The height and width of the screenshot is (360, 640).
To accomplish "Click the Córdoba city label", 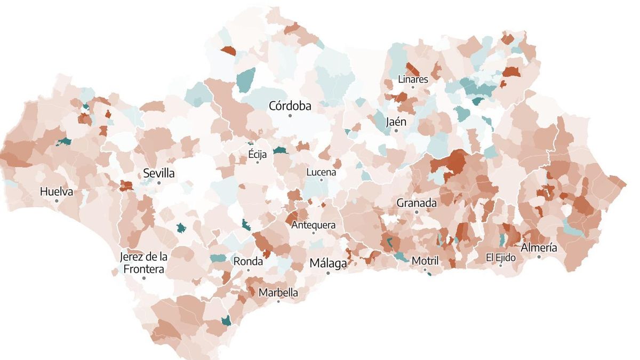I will tap(290, 106).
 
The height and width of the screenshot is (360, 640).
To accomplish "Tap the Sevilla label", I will tap(159, 173).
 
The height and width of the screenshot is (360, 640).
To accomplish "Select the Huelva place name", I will tap(57, 191).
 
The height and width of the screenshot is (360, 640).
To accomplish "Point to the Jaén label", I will tap(396, 122).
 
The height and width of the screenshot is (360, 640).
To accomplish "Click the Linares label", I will tap(413, 79).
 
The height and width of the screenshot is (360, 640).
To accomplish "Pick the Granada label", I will tap(417, 203).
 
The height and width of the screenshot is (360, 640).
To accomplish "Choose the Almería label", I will tap(539, 247).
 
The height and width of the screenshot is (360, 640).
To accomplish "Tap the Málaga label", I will tap(328, 263).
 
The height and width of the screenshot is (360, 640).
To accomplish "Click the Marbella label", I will tap(278, 293).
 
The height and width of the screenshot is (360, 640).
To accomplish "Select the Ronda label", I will tap(248, 261).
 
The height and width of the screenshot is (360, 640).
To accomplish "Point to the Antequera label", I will tap(314, 225).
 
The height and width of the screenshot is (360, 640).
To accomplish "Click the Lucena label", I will tap(321, 172).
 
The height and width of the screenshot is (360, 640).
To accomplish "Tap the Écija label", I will tap(257, 155).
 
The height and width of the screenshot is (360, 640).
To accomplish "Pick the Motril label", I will tap(425, 261).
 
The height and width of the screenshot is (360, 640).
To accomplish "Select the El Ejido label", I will tap(501, 258).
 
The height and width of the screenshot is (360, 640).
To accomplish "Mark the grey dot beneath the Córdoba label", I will tap(290, 116).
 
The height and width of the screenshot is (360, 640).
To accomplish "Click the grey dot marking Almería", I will tap(539, 257).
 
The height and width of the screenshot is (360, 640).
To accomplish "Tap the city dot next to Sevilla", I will tap(159, 183).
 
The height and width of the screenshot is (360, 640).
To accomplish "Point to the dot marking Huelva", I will tap(57, 201).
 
